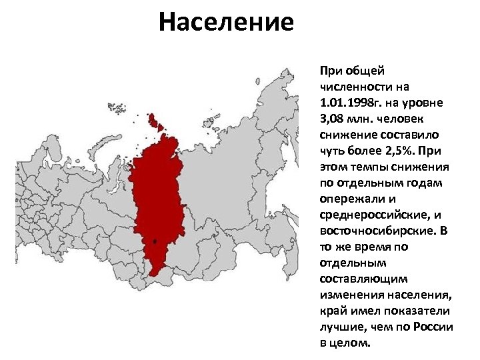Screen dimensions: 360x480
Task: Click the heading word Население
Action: (x=226, y=23)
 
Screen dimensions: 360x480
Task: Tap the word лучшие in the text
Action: (x=339, y=327)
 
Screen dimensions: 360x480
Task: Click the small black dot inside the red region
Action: (x=155, y=241)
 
